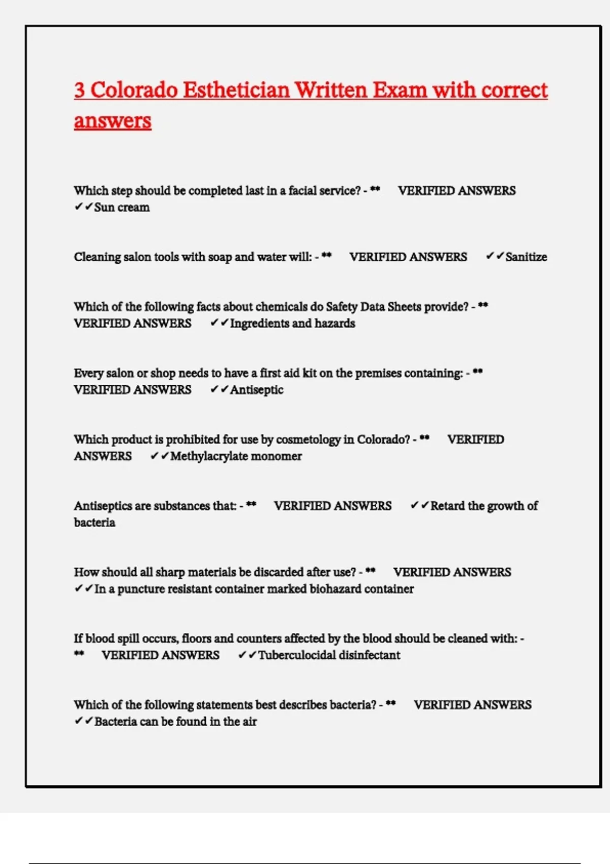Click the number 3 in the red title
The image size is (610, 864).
(x=79, y=90)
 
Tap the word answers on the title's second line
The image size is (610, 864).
(x=112, y=121)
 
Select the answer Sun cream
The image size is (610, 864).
(x=122, y=207)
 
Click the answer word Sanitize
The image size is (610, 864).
(x=526, y=257)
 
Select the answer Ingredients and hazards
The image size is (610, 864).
(x=292, y=323)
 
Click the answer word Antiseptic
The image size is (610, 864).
(x=257, y=390)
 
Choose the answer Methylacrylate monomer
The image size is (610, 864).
(x=236, y=456)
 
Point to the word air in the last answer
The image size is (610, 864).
(x=249, y=722)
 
